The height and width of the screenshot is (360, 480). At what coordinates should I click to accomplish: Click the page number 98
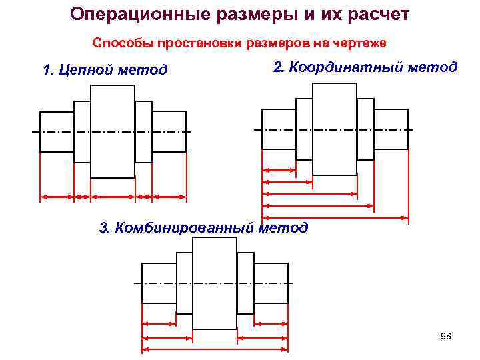(x=446, y=337)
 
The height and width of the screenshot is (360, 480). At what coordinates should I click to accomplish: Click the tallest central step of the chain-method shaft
(x=112, y=132)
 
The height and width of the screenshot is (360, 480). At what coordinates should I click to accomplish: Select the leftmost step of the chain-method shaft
(x=56, y=132)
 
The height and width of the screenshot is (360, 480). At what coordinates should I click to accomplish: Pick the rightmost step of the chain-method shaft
(x=169, y=132)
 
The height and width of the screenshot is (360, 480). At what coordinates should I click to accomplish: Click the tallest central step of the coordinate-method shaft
(x=334, y=129)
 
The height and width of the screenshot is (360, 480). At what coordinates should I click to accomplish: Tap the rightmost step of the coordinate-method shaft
(x=391, y=129)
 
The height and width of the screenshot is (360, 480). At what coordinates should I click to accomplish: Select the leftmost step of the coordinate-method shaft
(x=278, y=129)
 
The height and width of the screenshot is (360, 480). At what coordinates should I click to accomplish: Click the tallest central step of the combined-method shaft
(x=214, y=283)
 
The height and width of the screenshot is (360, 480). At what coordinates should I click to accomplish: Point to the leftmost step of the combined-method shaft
(x=159, y=283)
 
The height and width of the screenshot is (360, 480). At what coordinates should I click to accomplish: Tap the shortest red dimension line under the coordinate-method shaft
(x=279, y=170)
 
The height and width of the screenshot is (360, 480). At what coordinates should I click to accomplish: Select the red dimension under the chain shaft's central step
(x=112, y=197)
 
